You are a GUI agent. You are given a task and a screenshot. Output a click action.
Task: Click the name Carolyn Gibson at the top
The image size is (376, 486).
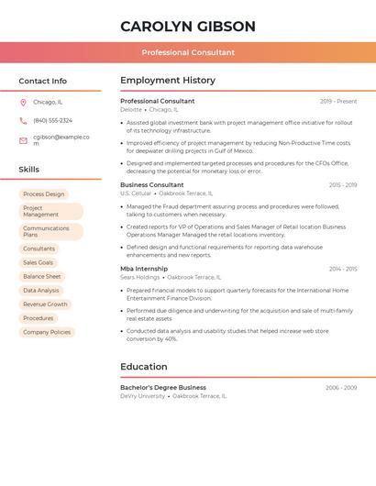coord(188,27)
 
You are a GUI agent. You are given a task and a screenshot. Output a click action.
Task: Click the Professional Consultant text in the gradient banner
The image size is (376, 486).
coord(188,53)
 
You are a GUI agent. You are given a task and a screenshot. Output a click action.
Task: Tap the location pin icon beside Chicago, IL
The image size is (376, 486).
coord(23,103)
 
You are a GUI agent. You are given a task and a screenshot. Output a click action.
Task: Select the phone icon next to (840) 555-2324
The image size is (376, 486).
coord(23,121)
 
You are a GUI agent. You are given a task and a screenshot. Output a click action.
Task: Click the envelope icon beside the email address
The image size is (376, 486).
coord(23,140)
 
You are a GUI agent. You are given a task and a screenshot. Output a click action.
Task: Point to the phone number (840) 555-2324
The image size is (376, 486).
coord(52,121)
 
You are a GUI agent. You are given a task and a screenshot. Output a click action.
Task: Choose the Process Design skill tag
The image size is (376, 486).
coord(44,194)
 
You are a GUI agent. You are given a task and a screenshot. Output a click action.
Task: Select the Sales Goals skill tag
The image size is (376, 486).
coord(39,262)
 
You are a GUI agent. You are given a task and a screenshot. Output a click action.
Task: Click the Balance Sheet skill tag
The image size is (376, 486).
coord(42,276)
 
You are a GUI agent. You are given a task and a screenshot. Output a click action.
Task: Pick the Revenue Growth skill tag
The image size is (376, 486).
coord(45,304)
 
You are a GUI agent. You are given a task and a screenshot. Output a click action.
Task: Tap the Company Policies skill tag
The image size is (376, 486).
coord(47,332)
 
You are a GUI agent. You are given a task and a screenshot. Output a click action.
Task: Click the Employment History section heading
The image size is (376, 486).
coord(168,81)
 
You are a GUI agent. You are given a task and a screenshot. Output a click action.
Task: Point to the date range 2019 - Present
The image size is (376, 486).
coord(338,102)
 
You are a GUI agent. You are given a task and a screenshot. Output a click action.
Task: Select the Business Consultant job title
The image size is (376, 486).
coord(152,185)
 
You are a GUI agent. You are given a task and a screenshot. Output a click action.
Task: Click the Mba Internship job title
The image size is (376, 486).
coord(144,269)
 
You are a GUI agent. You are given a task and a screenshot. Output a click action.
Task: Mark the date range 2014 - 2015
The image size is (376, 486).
coord(343,270)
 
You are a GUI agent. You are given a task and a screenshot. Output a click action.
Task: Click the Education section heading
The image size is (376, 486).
coord(144,367)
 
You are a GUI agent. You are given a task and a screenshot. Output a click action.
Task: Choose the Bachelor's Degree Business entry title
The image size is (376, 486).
coord(163,388)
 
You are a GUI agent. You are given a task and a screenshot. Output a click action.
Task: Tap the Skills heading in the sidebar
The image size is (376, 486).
coord(29,170)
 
